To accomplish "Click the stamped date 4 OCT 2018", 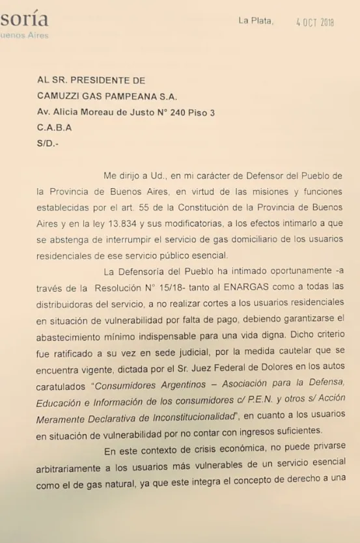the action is (x=315, y=22).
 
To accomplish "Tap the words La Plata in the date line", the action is (x=256, y=21).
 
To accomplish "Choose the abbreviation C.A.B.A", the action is (x=55, y=128).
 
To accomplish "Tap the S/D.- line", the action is (x=48, y=144).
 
